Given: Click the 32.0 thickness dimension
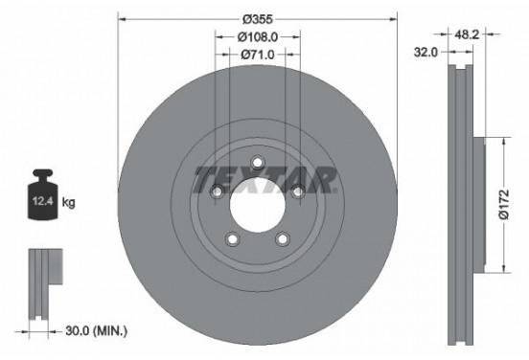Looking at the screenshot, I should coord(428,55).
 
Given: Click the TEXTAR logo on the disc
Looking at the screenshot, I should coord(264,180).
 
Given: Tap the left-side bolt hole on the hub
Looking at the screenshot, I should coord(217,193).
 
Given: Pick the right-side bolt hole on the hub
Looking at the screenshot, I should coord(298,193).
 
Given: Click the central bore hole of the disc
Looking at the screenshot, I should coord(257,204).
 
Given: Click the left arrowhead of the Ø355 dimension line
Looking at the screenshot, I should coord(121,18).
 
